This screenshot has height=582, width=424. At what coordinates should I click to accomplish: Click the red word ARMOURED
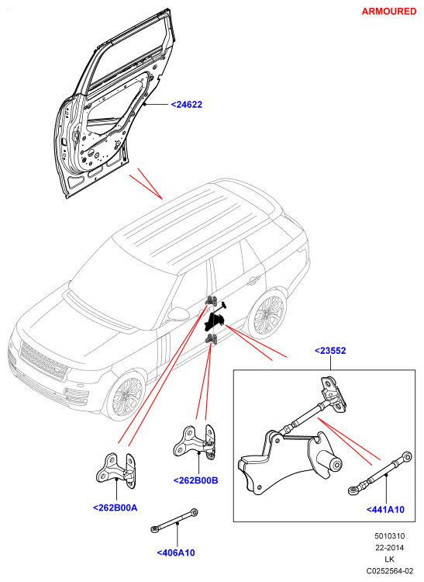pos(389,12)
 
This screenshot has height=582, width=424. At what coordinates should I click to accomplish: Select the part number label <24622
pos(187,105)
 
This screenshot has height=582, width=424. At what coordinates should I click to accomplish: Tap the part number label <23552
pos(330,351)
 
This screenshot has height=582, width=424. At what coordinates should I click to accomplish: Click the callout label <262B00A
pos(115,508)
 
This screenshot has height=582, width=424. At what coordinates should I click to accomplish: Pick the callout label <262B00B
pos(195,480)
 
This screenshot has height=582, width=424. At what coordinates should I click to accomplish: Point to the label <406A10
pos(176,553)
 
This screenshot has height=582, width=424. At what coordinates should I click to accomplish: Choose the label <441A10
pos(385,510)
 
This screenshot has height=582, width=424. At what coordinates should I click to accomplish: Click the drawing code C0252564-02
pos(390,570)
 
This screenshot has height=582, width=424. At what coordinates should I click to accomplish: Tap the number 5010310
pos(390,535)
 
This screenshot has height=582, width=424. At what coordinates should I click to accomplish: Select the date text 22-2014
pos(390,548)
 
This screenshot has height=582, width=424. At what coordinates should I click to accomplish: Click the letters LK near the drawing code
pos(390,559)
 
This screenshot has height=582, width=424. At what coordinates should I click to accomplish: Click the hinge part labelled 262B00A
pos(116,471)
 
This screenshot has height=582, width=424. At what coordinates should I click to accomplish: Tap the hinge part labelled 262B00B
pos(195,442)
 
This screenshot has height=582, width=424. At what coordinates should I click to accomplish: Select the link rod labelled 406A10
pos(174,521)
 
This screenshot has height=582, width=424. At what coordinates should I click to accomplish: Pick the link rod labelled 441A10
pos(381,473)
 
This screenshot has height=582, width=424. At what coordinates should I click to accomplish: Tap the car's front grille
pos(43,361)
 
